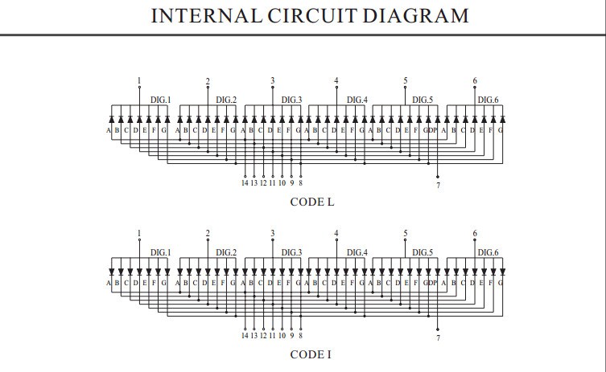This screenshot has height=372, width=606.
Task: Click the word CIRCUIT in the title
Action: [311, 16]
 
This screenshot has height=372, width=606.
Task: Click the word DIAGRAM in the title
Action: [415, 16]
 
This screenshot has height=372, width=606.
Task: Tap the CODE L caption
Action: [312, 202]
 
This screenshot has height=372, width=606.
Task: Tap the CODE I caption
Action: [311, 354]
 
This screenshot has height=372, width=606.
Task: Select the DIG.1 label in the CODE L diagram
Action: [160, 100]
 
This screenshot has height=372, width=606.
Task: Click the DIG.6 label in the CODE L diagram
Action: [489, 100]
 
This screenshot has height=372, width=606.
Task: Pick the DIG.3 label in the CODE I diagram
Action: [291, 253]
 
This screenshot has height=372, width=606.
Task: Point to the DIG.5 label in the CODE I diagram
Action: [423, 253]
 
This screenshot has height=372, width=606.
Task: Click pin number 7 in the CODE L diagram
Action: [438, 186]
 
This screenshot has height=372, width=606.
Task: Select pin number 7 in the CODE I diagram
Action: [438, 338]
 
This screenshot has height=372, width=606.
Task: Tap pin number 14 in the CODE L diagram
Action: [245, 183]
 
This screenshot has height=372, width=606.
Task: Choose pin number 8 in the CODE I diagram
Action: [300, 336]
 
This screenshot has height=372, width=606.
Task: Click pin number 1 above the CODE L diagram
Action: [139, 80]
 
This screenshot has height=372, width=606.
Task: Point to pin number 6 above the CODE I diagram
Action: [475, 234]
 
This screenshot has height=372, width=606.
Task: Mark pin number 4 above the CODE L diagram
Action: [336, 80]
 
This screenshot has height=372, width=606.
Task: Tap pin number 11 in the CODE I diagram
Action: [273, 336]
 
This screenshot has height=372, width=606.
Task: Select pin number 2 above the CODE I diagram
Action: [208, 234]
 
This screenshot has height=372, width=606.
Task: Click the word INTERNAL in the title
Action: [206, 16]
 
